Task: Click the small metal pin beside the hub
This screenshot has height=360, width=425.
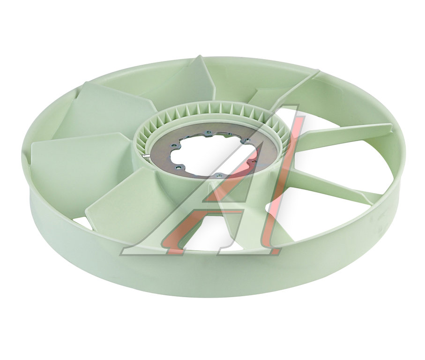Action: click(x=146, y=156)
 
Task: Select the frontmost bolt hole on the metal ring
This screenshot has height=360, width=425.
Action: click(x=217, y=176)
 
